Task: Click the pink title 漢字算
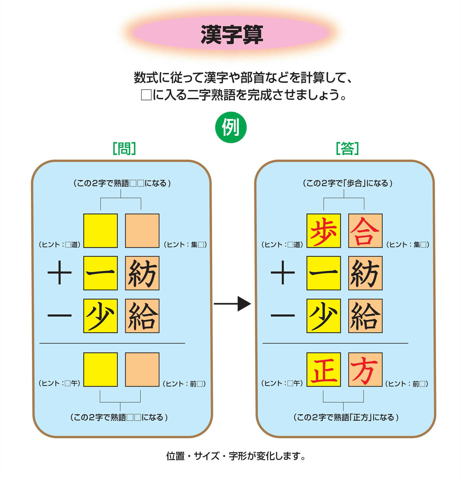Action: point(231,35)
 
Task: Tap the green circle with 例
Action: point(231,127)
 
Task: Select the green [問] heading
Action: point(124,148)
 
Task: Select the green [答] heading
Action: point(347,148)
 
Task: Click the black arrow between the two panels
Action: point(232,304)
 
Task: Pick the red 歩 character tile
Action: point(323,231)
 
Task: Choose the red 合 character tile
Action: point(365,231)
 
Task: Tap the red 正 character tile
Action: point(323,370)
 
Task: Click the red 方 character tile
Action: point(365,370)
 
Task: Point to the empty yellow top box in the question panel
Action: point(100,231)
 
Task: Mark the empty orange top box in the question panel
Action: point(142,231)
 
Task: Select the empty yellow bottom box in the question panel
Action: point(100,370)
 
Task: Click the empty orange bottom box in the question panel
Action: point(142,370)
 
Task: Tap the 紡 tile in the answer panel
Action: point(365,273)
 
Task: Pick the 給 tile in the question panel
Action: point(142,316)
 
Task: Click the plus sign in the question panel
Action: point(60,273)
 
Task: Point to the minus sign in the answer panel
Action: point(283,315)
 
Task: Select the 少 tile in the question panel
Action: point(100,316)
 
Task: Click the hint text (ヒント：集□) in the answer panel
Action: point(408,244)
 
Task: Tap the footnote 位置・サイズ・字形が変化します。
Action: point(236,456)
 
